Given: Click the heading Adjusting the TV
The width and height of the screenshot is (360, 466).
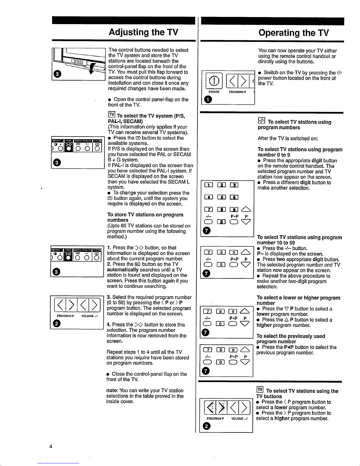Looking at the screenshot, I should coord(143,32).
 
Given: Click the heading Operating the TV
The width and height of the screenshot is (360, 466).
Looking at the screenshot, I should coord(294,33).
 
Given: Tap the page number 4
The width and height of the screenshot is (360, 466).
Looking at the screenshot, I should coord(51,447).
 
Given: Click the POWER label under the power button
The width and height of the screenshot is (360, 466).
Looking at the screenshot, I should coord(214,92).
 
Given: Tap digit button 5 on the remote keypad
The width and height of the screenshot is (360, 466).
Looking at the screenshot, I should coord(221,197).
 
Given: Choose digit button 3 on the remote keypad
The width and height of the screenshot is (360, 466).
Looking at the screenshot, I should coord(234,185).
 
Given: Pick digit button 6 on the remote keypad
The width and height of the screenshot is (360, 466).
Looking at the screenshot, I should coord(234,197).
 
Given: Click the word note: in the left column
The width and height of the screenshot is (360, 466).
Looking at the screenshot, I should coord(113,390).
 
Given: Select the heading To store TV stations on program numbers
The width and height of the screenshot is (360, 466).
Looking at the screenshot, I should coord(145,217).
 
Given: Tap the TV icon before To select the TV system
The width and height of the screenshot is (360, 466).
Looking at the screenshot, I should coord(112,115).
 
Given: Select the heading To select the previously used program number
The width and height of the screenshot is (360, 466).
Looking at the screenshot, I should coord(291,339).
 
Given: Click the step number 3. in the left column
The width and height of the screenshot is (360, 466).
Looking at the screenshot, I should coord(109,297).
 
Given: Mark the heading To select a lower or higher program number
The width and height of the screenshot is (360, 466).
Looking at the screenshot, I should coord(298,300).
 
